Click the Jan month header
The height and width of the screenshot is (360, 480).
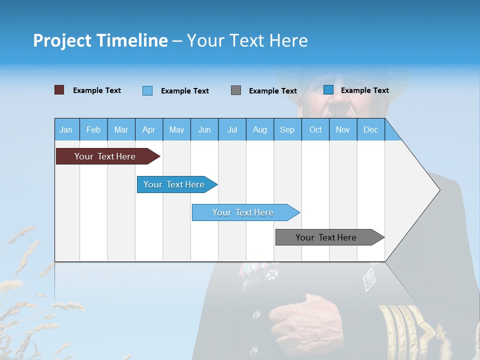[66, 130]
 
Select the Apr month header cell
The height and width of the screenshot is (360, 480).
[148, 130]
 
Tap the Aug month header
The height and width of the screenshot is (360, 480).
[259, 130]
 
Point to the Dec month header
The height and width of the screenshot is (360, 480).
[370, 130]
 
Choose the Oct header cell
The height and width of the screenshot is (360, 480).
[315, 130]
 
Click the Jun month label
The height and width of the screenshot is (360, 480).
[204, 130]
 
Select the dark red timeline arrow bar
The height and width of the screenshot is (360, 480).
[105, 156]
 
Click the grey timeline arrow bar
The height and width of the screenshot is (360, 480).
[326, 237]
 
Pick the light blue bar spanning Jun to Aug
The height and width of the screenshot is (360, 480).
[243, 212]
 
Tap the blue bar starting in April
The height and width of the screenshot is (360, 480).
[174, 184]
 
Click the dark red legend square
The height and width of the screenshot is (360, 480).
[59, 90]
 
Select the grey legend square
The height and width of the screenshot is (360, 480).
[236, 90]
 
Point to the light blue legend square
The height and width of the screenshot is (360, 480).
[147, 90]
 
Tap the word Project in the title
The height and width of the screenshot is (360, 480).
[61, 40]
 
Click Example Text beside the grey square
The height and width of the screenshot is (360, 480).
[272, 91]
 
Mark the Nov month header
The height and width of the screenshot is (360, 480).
[342, 130]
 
